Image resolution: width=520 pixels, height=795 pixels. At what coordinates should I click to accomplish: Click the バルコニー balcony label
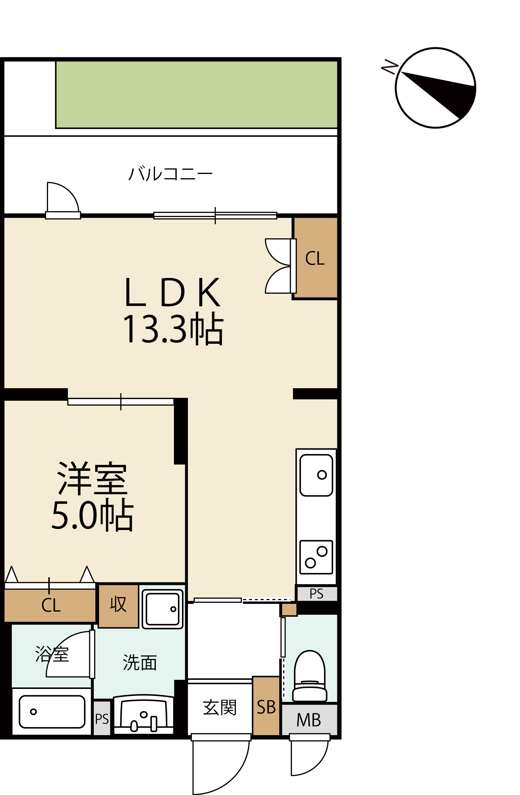tap(170, 174)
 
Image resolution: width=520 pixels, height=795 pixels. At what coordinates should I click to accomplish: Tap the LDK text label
tap(173, 292)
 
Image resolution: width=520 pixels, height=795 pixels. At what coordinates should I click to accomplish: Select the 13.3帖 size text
tap(173, 328)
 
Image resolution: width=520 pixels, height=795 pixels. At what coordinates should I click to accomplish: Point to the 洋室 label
tap(92, 479)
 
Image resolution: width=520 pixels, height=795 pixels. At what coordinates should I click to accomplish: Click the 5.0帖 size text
tap(92, 515)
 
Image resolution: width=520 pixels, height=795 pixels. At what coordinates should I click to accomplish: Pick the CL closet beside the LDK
tap(315, 258)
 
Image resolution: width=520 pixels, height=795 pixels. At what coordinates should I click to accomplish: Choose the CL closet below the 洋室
tap(50, 605)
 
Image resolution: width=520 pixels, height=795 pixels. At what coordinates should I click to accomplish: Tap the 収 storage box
tap(118, 606)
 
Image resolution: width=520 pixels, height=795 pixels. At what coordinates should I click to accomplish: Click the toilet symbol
tap(310, 676)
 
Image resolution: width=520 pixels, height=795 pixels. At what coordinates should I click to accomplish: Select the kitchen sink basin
tap(316, 475)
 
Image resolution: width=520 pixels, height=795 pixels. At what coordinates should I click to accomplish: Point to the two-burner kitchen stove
tap(316, 557)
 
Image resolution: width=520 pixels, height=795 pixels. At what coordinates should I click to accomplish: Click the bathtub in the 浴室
tap(52, 711)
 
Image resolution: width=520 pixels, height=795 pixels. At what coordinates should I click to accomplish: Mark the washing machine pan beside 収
tap(163, 609)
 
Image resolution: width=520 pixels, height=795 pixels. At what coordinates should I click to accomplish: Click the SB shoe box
tap(266, 706)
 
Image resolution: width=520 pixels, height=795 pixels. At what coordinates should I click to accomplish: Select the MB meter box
tap(309, 719)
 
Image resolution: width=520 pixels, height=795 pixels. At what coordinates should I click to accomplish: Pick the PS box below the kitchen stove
tap(317, 594)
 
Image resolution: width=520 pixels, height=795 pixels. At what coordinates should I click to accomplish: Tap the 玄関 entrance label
tap(220, 707)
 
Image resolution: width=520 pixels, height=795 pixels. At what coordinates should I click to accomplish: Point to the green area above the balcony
tap(197, 95)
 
